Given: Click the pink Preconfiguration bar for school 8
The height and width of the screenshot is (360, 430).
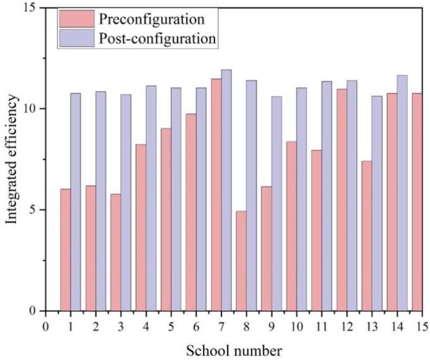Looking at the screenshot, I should [241, 261].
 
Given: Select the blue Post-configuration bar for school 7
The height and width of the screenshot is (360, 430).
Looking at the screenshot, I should [226, 190].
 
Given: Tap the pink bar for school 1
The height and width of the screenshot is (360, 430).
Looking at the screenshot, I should [65, 250].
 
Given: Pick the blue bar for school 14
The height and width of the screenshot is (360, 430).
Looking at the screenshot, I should [402, 193].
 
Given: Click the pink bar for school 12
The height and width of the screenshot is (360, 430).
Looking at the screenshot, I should [341, 200].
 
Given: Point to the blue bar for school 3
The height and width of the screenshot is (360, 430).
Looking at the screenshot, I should [126, 202].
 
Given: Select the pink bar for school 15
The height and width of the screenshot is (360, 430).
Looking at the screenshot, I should [417, 202].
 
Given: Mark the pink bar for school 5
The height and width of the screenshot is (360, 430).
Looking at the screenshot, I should [166, 219].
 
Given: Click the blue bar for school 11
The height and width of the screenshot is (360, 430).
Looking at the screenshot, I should [327, 196].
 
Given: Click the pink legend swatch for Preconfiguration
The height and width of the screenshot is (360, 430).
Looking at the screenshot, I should [77, 18].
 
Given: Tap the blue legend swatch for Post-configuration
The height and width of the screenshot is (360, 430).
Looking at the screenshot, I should [77, 38].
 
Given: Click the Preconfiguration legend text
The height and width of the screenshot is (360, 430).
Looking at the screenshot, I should [151, 19].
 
